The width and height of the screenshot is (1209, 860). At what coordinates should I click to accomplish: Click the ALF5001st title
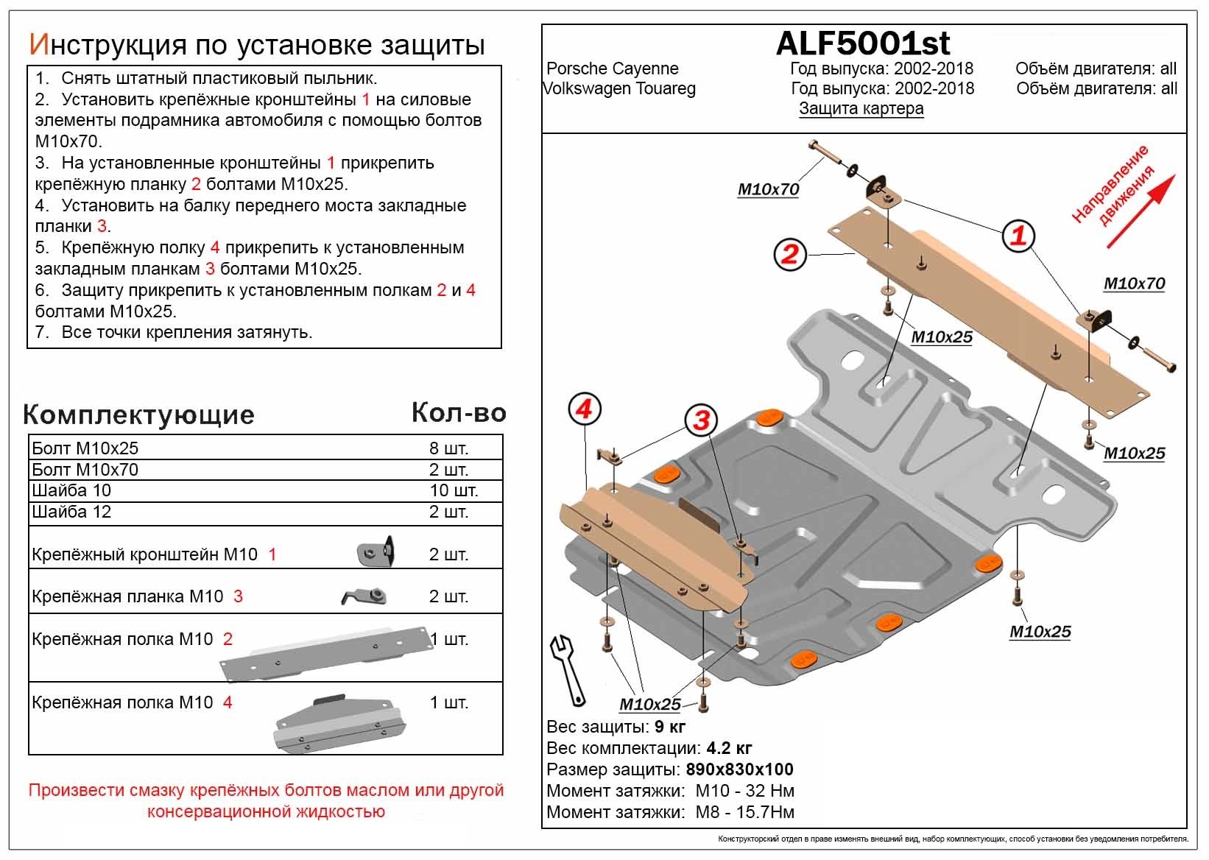862,44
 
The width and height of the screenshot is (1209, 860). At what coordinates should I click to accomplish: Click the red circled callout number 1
1018,236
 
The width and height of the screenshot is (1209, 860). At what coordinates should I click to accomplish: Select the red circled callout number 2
790,255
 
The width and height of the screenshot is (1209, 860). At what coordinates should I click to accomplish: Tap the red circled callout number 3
701,420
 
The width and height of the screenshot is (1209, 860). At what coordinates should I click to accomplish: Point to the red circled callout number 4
585,409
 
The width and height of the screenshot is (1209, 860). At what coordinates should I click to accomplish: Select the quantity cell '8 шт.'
448,448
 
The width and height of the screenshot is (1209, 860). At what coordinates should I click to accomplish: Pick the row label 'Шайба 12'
71,512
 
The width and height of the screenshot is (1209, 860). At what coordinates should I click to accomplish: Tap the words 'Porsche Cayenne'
612,69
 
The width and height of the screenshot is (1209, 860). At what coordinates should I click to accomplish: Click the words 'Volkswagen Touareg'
619,89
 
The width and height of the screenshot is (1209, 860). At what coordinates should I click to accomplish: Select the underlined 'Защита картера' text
861,109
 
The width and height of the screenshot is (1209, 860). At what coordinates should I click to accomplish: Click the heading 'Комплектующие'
138,415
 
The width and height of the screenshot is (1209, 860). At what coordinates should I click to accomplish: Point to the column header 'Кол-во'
458,412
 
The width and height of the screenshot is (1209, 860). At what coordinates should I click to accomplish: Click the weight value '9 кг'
669,727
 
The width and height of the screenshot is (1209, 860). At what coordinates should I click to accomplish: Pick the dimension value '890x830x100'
739,770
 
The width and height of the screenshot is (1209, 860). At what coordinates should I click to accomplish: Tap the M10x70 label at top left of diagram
768,190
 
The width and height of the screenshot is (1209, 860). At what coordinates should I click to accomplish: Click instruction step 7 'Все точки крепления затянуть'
186,333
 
